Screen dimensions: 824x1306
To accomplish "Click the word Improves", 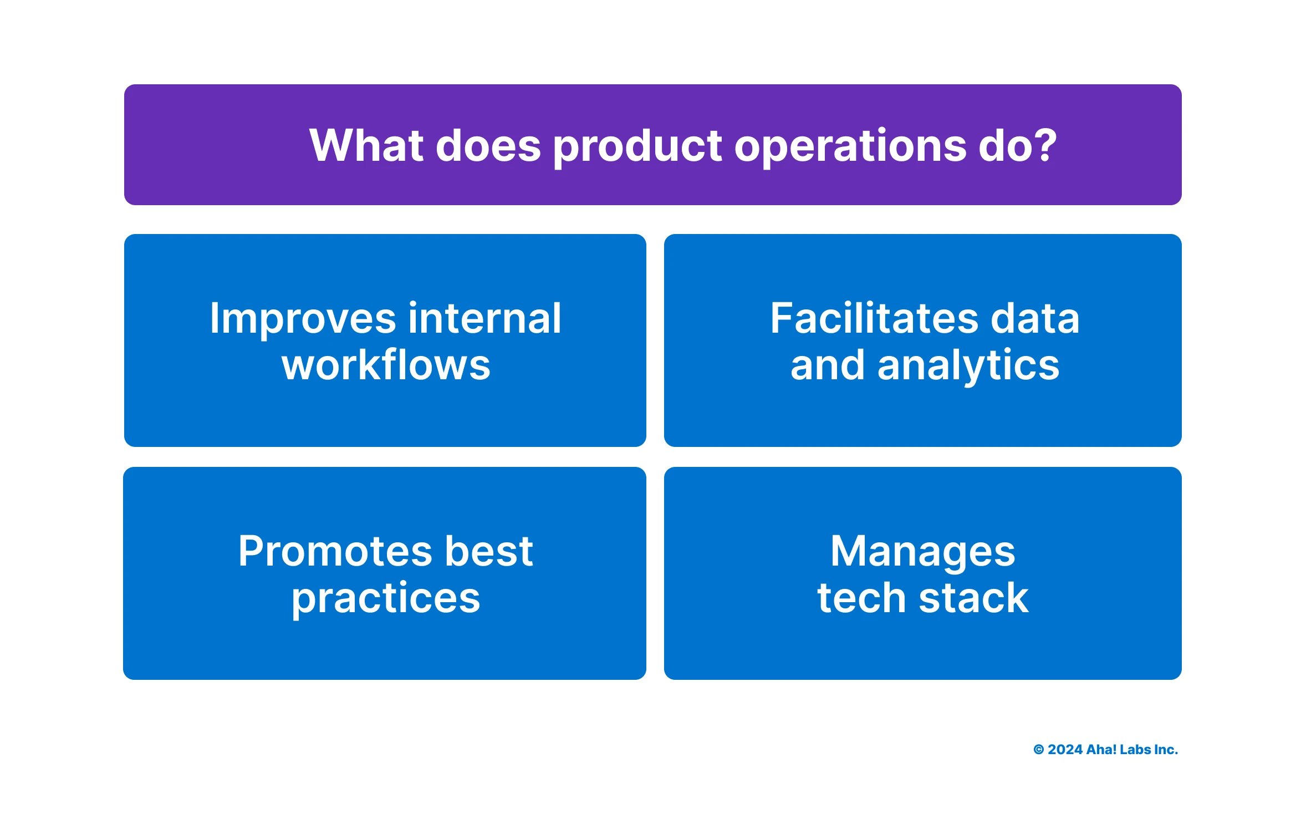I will (x=303, y=320).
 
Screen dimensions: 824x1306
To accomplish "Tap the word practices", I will (x=386, y=599).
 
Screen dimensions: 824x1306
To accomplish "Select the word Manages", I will (x=922, y=552).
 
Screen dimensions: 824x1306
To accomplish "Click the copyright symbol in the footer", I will (x=1038, y=750).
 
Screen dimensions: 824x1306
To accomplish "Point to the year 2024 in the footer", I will (x=1065, y=750).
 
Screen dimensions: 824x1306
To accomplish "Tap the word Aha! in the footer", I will (x=1101, y=750).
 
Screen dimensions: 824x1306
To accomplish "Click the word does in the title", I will (x=488, y=145).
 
